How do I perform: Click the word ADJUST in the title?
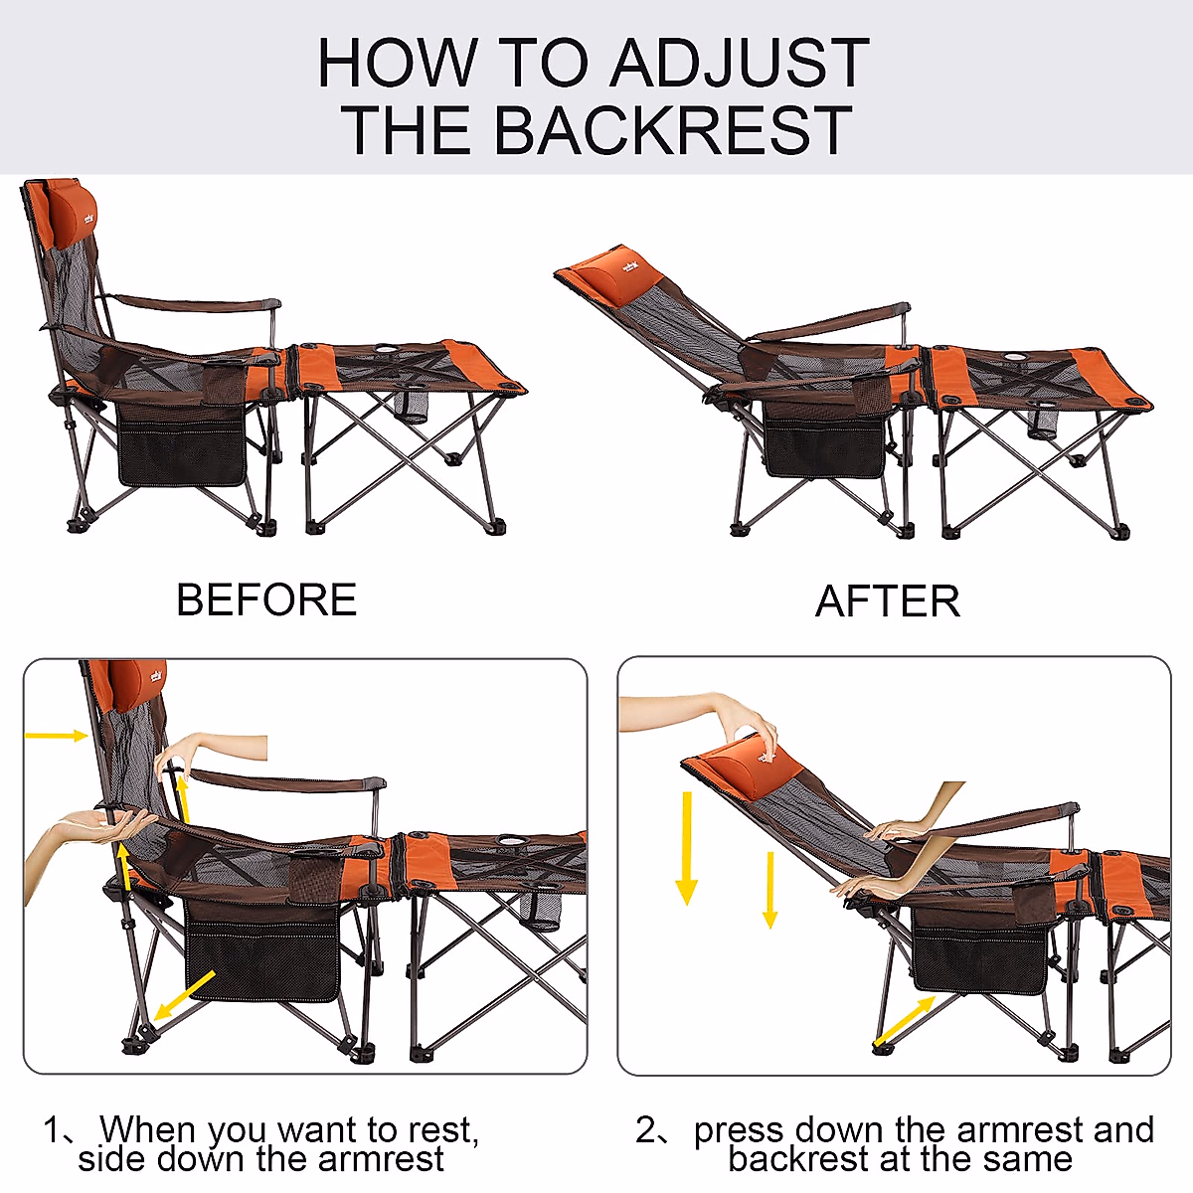(x=739, y=63)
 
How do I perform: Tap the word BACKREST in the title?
(x=672, y=129)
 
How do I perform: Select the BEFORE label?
(x=266, y=600)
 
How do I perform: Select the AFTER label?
(x=888, y=601)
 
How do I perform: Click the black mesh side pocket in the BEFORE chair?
(x=181, y=452)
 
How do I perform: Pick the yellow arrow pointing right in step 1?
(x=56, y=736)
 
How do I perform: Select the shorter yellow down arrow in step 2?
(x=769, y=889)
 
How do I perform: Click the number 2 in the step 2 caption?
(x=646, y=1130)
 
